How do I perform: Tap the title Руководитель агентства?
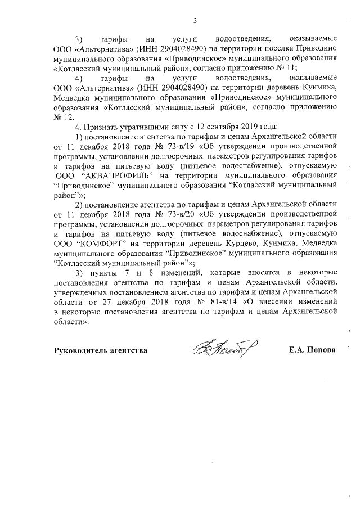click(x=101, y=350)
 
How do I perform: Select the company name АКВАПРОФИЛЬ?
click(x=119, y=175)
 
